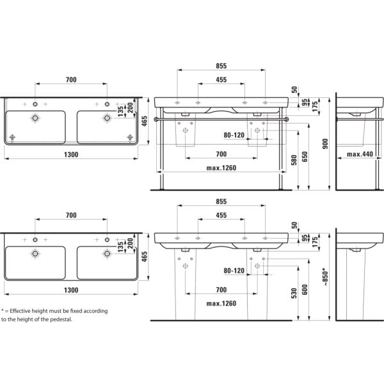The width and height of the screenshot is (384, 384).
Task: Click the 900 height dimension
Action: coord(325,143)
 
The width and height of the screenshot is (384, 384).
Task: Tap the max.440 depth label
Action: coord(360,154)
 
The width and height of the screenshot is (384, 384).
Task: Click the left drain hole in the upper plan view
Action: coord(36,118)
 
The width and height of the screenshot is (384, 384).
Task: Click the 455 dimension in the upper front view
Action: coord(220,79)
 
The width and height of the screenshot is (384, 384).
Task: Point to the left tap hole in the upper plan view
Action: coord(36,103)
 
